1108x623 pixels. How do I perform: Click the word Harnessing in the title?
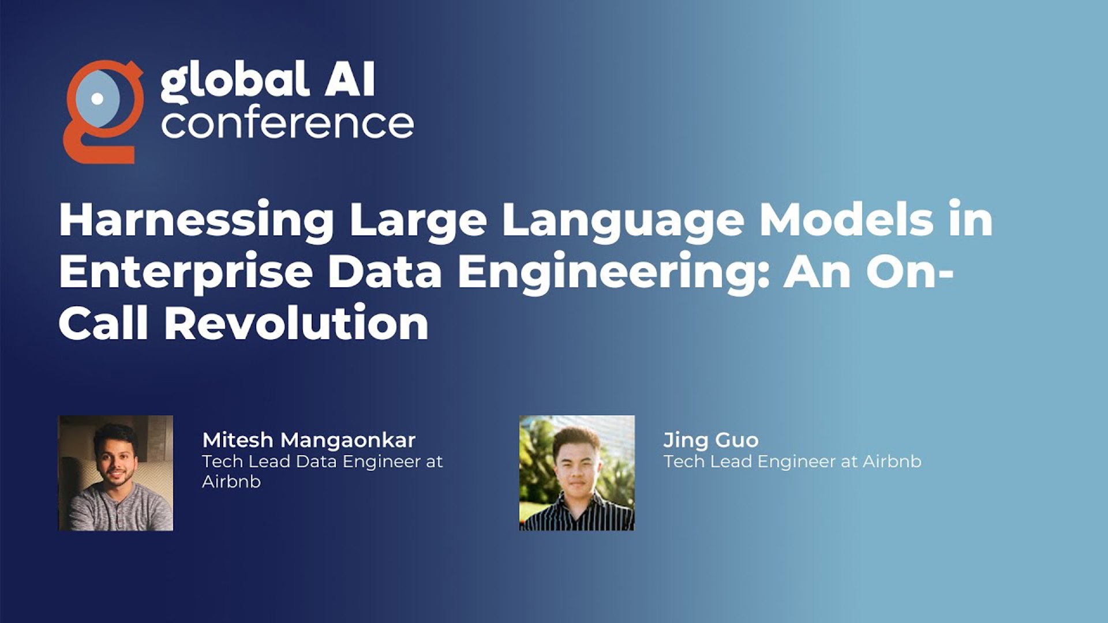197,220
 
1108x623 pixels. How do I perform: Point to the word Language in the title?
624,220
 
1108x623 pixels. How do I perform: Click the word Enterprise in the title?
186,272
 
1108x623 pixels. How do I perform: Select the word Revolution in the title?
297,323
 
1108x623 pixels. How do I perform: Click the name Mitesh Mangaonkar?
309,441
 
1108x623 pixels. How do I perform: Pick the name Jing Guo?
711,441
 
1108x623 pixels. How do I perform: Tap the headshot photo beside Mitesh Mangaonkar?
115,473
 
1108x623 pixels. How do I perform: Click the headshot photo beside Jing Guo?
577,473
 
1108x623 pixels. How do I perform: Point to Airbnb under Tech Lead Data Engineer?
231,481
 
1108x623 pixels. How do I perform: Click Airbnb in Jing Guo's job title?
892,461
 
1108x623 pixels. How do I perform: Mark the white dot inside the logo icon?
98,99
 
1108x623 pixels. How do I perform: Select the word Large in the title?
419,220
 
